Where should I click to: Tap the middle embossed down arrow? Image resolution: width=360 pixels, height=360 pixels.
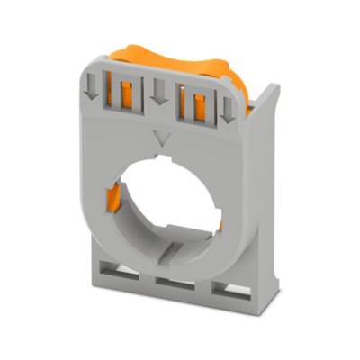(x=158, y=91)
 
